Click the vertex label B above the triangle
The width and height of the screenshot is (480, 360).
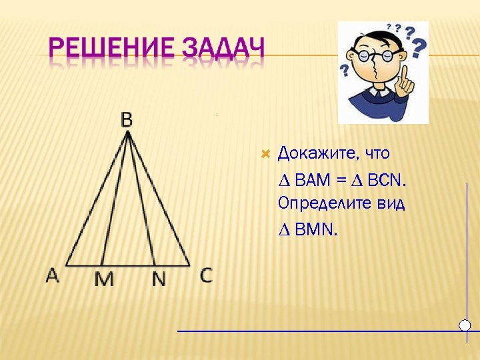(127, 119)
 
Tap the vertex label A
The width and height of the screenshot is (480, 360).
(53, 275)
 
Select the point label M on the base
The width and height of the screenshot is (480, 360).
(103, 279)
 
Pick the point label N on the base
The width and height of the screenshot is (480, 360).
(159, 279)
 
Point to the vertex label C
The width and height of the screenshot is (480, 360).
(206, 275)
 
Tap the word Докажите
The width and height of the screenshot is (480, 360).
(317, 154)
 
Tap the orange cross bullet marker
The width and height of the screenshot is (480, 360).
(265, 154)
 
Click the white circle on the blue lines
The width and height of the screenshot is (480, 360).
(465, 325)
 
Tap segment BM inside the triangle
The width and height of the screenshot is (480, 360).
(114, 200)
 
